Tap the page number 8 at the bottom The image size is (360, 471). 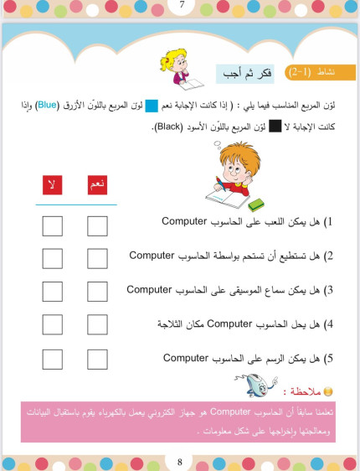(179, 461)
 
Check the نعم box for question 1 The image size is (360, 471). (97, 226)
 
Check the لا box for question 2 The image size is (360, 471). (52, 259)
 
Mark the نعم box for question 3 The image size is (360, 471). (97, 292)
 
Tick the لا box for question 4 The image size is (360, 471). (52, 324)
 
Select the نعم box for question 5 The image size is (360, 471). (97, 358)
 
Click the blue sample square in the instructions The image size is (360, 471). (152, 106)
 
